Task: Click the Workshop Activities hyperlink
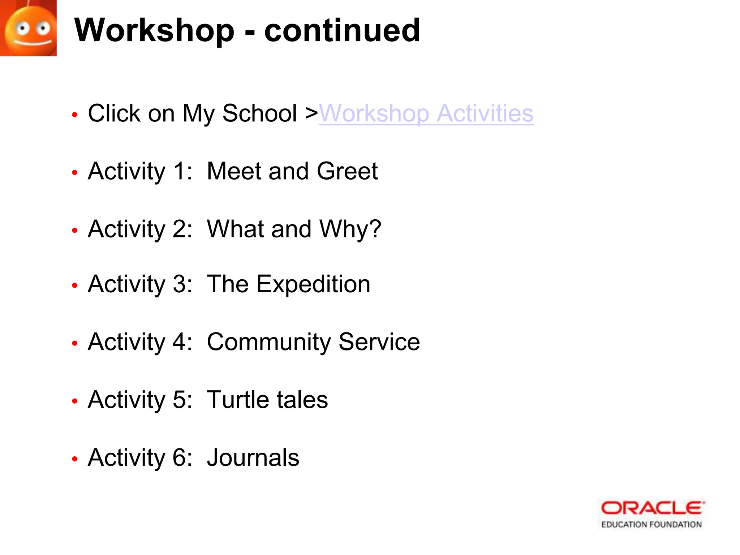tap(426, 114)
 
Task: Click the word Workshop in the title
tap(154, 30)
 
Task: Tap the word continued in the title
tap(342, 30)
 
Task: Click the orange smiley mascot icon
tap(28, 28)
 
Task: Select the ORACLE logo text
tap(653, 508)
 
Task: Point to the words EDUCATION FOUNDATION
tap(651, 525)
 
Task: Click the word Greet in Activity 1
tap(347, 171)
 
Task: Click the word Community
tap(268, 342)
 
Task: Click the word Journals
tap(253, 458)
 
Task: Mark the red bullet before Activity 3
tap(75, 285)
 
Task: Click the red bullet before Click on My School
tap(75, 115)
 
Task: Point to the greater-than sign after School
tap(311, 114)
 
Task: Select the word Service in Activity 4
tap(379, 342)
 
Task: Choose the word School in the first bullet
tap(259, 114)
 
